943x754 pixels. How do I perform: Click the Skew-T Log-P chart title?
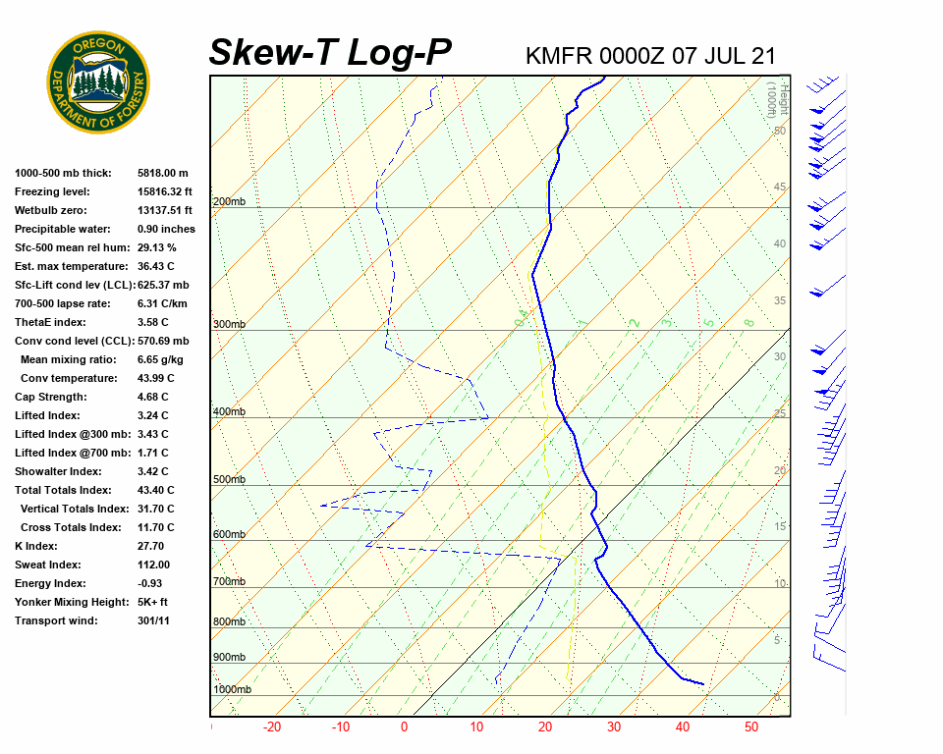(x=330, y=52)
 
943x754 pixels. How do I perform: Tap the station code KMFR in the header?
(x=556, y=55)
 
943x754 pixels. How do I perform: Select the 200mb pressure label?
(x=229, y=202)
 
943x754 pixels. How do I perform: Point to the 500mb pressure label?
(x=229, y=480)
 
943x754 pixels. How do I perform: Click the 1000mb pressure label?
(x=232, y=690)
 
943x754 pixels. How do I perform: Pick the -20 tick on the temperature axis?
(x=272, y=727)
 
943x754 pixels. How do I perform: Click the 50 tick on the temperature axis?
(x=751, y=727)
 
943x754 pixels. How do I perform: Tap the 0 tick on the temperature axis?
(x=404, y=727)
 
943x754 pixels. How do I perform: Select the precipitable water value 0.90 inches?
(x=166, y=229)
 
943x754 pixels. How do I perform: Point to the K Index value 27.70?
(x=151, y=546)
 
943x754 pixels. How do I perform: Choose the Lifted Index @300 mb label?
(x=76, y=434)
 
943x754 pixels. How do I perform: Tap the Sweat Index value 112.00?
(x=154, y=565)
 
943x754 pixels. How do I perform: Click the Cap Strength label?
(x=51, y=397)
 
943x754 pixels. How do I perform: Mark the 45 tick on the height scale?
(x=780, y=188)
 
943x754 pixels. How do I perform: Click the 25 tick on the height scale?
(x=780, y=413)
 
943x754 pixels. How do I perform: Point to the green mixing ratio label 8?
(x=749, y=322)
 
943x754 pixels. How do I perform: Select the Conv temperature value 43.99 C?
(x=155, y=378)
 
